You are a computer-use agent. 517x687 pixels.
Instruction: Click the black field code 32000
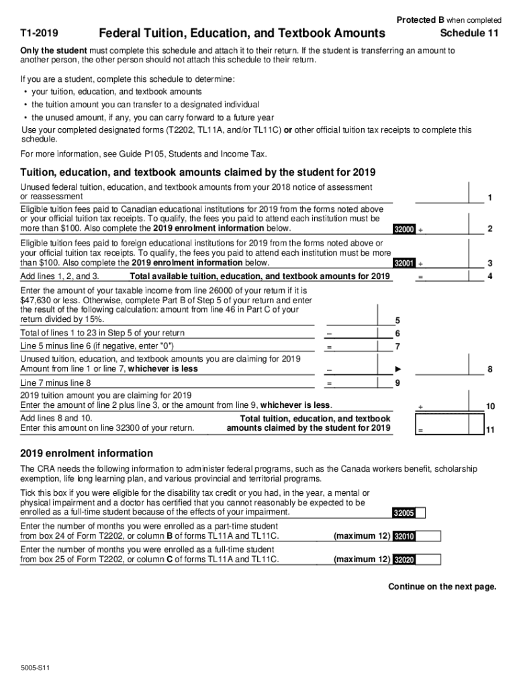click(x=404, y=229)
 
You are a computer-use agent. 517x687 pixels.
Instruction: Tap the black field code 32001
click(x=404, y=263)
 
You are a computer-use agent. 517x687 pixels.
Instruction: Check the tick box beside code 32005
click(x=420, y=513)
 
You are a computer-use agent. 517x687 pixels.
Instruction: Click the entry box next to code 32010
click(x=428, y=536)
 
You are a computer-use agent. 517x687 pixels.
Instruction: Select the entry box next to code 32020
click(x=428, y=560)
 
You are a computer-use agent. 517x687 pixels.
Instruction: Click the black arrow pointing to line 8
click(x=398, y=370)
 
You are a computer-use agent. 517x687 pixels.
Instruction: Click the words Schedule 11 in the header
click(x=469, y=34)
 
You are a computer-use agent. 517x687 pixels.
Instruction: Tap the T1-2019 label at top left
click(x=39, y=34)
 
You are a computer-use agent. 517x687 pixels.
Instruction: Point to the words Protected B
click(x=420, y=19)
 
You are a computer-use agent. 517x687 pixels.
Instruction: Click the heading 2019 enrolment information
click(x=87, y=453)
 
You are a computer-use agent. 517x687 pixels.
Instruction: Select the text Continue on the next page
click(x=442, y=586)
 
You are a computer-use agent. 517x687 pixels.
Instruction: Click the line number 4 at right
click(x=490, y=276)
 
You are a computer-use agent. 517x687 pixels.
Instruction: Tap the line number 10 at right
click(x=490, y=406)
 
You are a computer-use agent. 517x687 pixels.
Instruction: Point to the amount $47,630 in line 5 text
click(x=36, y=300)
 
